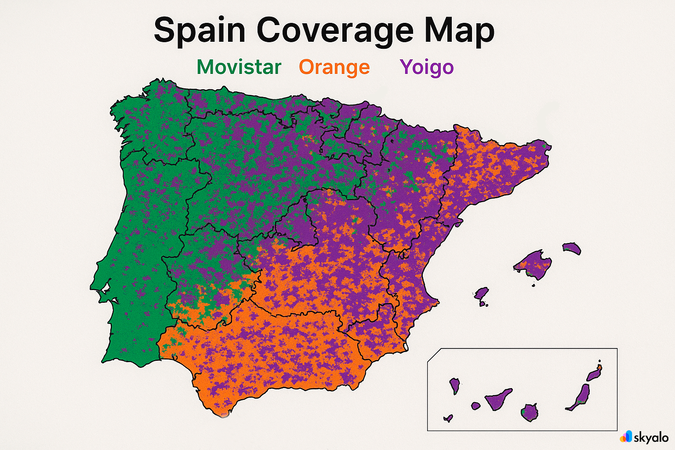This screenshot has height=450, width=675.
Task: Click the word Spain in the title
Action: tap(199, 31)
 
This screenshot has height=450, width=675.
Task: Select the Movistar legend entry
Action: tap(239, 67)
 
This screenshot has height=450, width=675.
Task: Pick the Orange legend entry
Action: tap(334, 67)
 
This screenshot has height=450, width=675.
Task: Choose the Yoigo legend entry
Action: tap(426, 67)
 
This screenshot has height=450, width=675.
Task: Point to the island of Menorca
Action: tap(572, 248)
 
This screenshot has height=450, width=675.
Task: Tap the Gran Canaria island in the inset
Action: tap(530, 413)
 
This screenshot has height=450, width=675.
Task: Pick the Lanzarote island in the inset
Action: tap(594, 374)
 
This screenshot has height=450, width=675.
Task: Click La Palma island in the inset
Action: tap(454, 385)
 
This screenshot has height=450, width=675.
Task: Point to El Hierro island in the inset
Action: tap(448, 418)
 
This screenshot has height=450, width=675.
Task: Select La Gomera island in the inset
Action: tap(475, 406)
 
